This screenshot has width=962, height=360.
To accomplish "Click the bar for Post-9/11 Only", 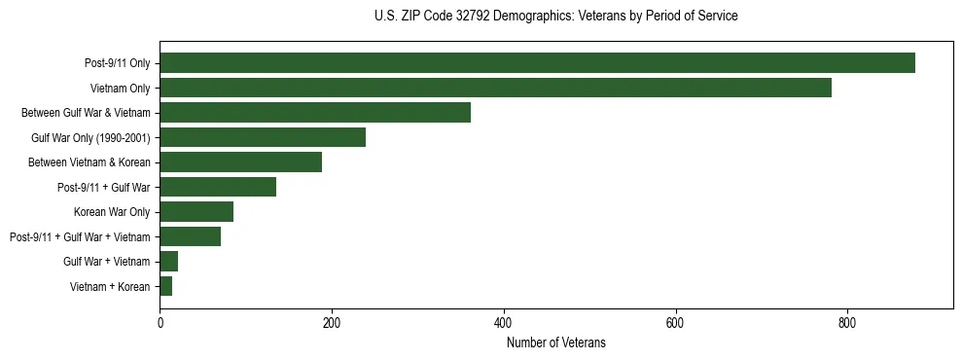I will click(537, 63).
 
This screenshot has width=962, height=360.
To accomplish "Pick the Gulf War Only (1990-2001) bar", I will click(263, 137).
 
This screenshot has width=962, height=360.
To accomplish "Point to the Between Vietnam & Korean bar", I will click(240, 162).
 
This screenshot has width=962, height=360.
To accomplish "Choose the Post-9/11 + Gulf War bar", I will click(218, 187).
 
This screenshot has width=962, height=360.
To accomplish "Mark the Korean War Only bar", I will click(196, 212).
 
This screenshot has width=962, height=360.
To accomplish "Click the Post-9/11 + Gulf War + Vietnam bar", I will click(190, 236).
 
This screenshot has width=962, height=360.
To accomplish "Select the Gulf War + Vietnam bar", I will click(168, 261).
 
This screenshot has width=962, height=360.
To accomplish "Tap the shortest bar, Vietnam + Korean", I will click(165, 286).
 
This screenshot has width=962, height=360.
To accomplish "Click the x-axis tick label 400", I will click(503, 323).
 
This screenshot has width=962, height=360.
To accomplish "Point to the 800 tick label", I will click(846, 323).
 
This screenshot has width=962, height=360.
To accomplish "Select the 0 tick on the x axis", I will click(160, 323).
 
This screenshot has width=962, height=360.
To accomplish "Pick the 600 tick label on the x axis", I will click(675, 323).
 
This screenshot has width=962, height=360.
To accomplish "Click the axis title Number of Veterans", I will click(555, 342).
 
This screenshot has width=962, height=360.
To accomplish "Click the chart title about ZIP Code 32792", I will click(555, 17).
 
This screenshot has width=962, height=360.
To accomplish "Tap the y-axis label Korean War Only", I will click(112, 212).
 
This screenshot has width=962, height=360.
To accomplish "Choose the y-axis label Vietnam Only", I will click(120, 89).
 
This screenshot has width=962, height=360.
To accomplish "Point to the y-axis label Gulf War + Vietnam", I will click(106, 262).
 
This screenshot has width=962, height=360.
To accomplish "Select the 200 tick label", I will click(332, 323).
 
